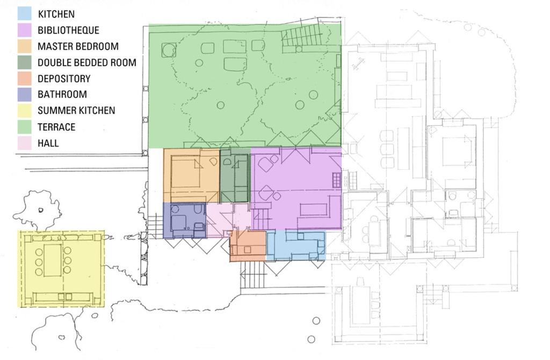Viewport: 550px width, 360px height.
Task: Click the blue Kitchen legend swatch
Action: coord(25,14)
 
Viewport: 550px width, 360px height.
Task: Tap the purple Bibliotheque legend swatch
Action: coord(25,30)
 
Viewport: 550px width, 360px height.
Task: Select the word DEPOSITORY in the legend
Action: coord(64,78)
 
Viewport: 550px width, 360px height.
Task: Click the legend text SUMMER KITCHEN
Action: coord(76,111)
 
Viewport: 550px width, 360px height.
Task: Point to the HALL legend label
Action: coord(48,143)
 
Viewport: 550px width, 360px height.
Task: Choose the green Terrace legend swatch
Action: coord(25,127)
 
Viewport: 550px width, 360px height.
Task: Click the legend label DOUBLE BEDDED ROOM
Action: coord(87,62)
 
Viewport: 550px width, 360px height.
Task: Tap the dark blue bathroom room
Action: coord(185,220)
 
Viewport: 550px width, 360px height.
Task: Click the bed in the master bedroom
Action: coord(185,176)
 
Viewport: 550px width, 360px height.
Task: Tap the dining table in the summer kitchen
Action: coord(53,260)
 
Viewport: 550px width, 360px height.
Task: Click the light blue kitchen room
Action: coord(296,245)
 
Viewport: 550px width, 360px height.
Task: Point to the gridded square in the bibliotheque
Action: coord(337,180)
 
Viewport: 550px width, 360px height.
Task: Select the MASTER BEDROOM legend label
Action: coord(78,46)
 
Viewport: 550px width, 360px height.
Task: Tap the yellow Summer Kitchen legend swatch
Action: coord(25,111)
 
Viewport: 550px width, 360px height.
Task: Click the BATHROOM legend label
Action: coord(62,95)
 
